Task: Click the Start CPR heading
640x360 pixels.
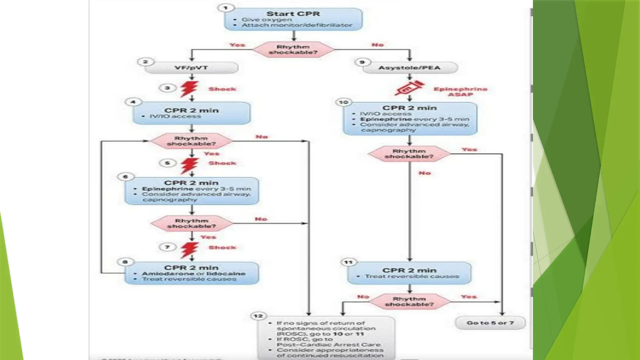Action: click(x=293, y=14)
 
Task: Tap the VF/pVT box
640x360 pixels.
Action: click(x=191, y=68)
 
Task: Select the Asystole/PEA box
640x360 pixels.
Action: click(x=409, y=68)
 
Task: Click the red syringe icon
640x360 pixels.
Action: click(x=409, y=88)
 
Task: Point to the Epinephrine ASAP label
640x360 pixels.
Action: click(x=460, y=92)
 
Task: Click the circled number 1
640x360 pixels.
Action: click(x=226, y=8)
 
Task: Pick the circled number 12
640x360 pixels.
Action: click(x=259, y=316)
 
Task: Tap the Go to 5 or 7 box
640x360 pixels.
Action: click(x=490, y=323)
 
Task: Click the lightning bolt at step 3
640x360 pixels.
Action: click(x=189, y=89)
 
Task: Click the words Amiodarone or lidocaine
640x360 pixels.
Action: click(x=194, y=273)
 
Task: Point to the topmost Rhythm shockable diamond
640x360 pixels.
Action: click(x=293, y=50)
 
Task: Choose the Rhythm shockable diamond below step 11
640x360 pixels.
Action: click(x=409, y=302)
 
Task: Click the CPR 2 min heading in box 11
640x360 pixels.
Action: click(x=409, y=270)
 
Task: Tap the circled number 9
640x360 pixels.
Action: click(x=362, y=62)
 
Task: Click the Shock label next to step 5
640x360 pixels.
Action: click(x=222, y=163)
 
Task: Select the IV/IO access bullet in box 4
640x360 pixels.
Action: click(x=175, y=116)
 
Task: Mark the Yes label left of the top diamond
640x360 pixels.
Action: click(x=237, y=45)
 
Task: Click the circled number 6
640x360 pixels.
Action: click(x=125, y=177)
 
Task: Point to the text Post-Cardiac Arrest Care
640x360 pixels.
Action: click(x=328, y=345)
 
